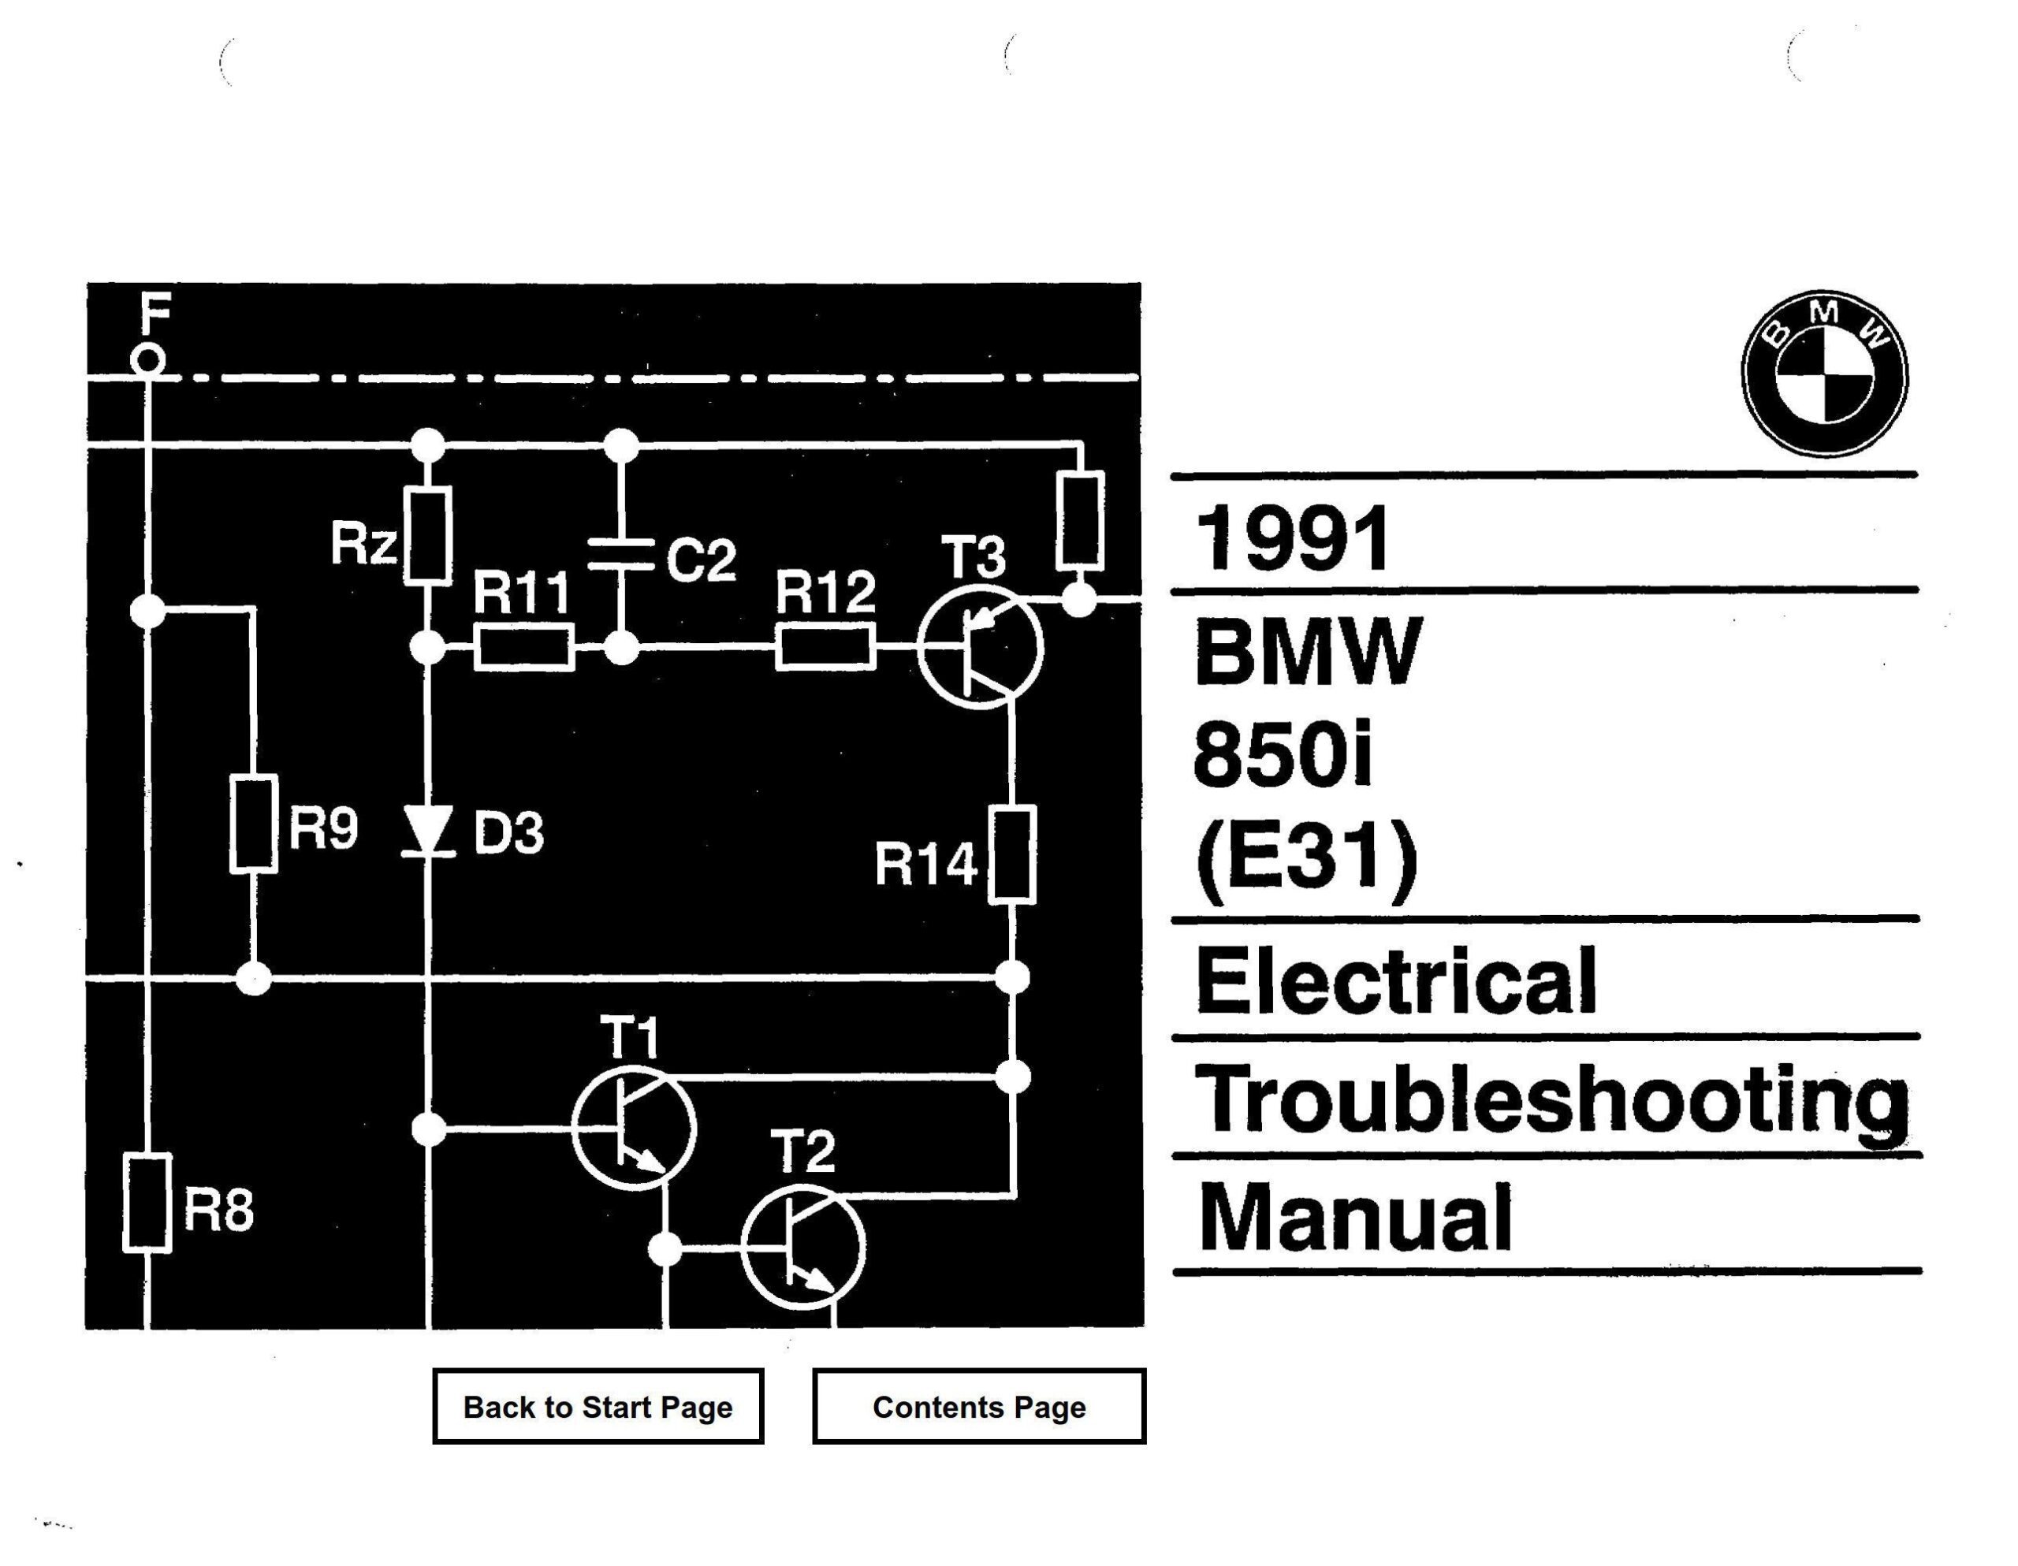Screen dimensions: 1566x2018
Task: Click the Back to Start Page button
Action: pyautogui.click(x=598, y=1406)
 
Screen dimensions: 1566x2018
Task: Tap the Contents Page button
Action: pyautogui.click(x=978, y=1406)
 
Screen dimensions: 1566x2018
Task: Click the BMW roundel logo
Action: pyautogui.click(x=1824, y=374)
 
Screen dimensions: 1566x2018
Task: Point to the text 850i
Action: pyautogui.click(x=1283, y=755)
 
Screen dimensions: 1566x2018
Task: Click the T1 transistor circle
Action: pyautogui.click(x=633, y=1128)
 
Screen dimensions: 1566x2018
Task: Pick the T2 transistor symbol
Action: pyautogui.click(x=802, y=1248)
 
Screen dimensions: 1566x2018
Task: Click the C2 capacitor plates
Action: pyautogui.click(x=621, y=553)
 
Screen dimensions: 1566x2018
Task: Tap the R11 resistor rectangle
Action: pyautogui.click(x=523, y=647)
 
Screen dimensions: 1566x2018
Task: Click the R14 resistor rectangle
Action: pyautogui.click(x=1012, y=854)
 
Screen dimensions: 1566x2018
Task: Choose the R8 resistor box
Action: pyautogui.click(x=147, y=1203)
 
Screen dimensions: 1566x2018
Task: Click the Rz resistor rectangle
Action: pyautogui.click(x=428, y=536)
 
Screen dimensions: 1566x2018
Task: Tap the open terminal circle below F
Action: pyautogui.click(x=148, y=359)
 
